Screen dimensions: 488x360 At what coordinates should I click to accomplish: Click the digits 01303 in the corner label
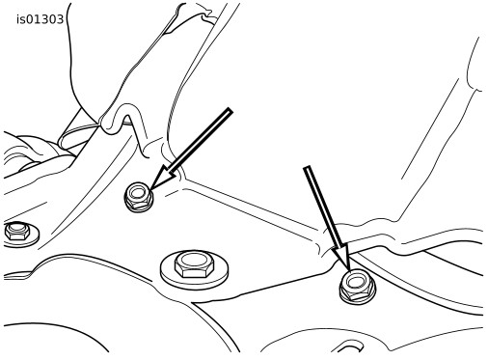pyautogui.click(x=43, y=19)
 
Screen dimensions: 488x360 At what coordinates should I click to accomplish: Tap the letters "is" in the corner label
pyautogui.click(x=20, y=19)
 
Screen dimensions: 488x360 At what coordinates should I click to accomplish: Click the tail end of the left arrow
pyautogui.click(x=230, y=110)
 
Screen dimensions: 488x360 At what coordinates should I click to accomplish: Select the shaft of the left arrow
pyautogui.click(x=200, y=141)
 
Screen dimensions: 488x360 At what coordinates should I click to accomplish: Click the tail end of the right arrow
pyautogui.click(x=308, y=167)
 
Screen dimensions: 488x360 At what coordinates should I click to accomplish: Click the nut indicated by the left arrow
pyautogui.click(x=139, y=197)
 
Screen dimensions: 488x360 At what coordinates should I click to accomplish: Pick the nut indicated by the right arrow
pyautogui.click(x=357, y=287)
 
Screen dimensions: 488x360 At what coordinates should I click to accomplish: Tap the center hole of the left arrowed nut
pyautogui.click(x=139, y=193)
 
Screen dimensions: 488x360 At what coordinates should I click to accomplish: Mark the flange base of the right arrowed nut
pyautogui.click(x=357, y=297)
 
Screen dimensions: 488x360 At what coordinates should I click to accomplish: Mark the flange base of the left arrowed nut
pyautogui.click(x=139, y=207)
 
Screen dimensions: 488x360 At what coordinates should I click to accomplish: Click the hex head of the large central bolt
pyautogui.click(x=194, y=264)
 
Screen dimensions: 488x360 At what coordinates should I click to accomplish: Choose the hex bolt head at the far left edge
pyautogui.click(x=16, y=231)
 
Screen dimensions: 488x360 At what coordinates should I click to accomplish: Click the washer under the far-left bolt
pyautogui.click(x=34, y=238)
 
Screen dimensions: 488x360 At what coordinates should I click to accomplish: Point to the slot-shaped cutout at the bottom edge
pyautogui.click(x=349, y=348)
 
